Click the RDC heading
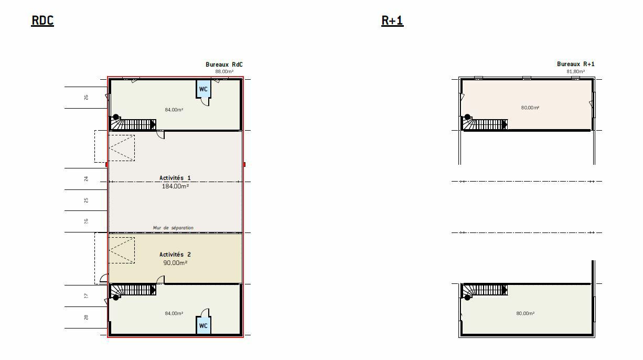tap(42, 20)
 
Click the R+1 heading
tap(392, 20)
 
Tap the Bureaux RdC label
tap(224, 65)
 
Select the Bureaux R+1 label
tap(575, 64)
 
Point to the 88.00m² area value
tap(224, 71)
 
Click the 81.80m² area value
tap(575, 71)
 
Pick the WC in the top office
tap(203, 89)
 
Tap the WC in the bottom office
tap(203, 325)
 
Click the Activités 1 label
tap(175, 178)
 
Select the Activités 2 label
tap(175, 255)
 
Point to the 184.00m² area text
tap(175, 186)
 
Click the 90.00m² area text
tap(175, 262)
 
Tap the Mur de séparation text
tap(173, 228)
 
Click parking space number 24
tap(86, 179)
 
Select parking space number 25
tap(86, 200)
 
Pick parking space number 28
tap(86, 317)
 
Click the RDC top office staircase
tap(133, 123)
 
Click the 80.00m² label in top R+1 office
tap(530, 108)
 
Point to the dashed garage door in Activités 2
tap(122, 250)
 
